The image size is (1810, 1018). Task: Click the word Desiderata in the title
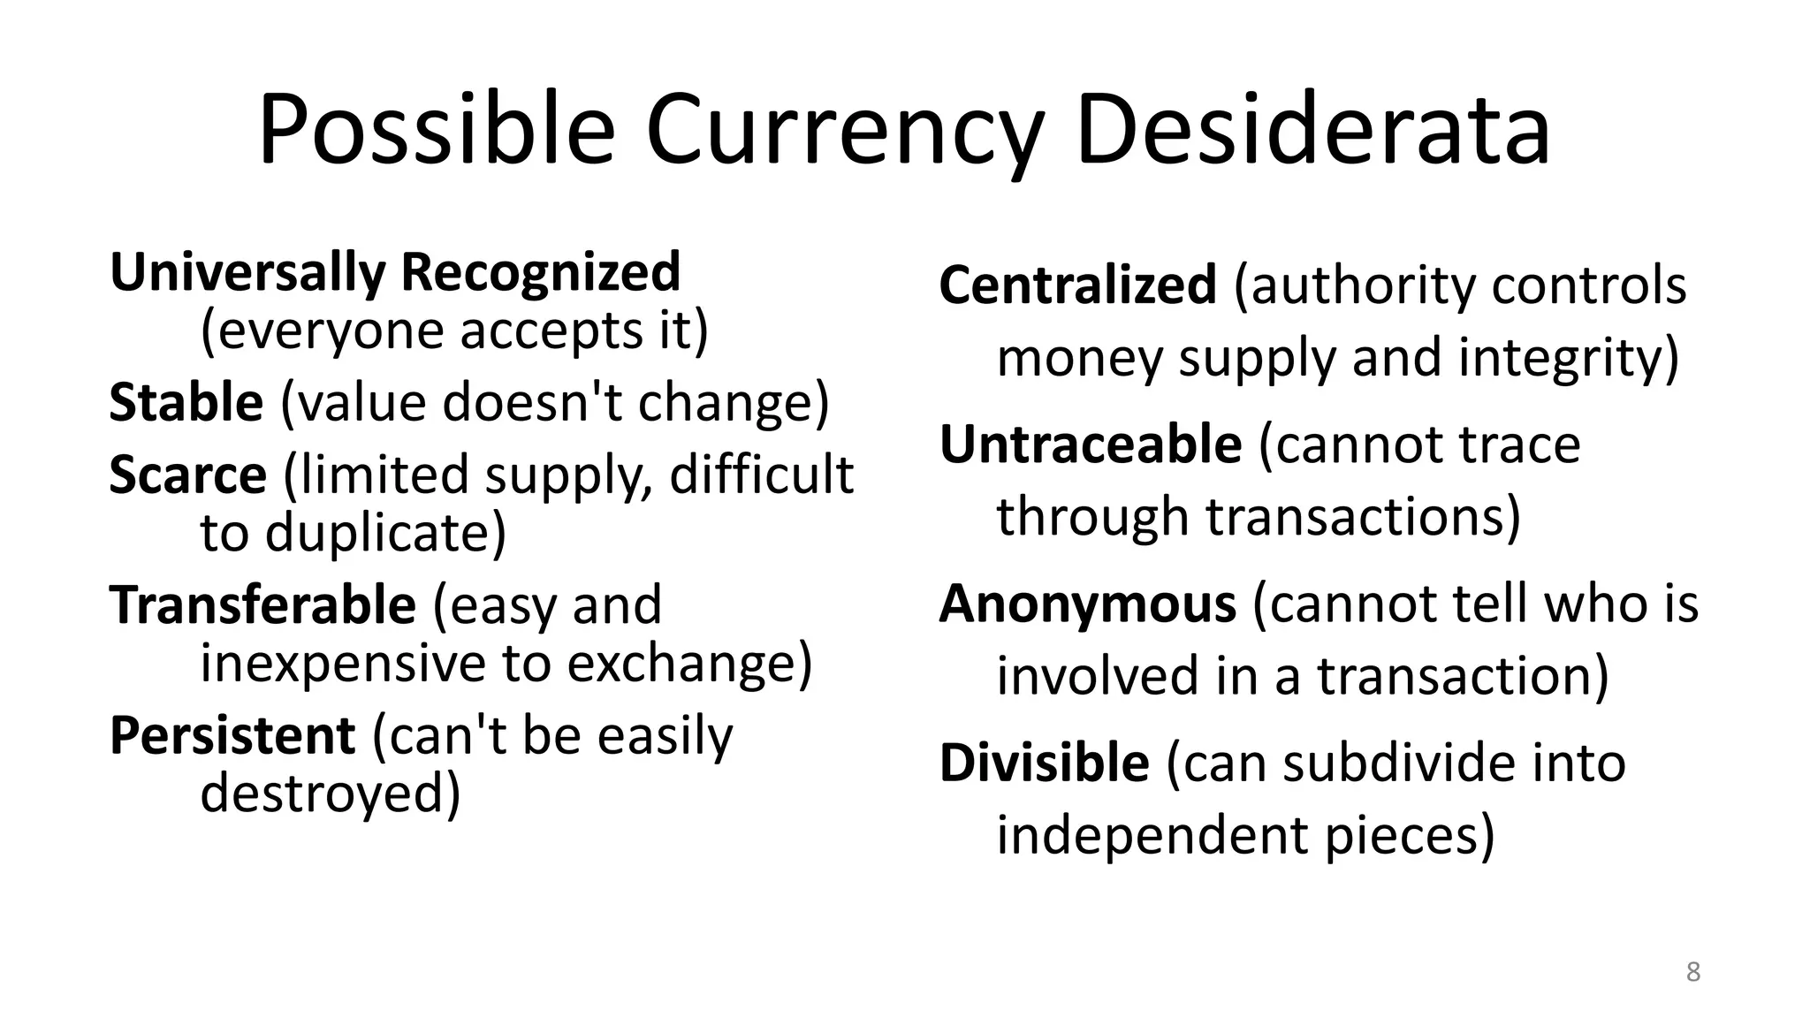pyautogui.click(x=1312, y=133)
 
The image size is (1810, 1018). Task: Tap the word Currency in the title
pyautogui.click(x=844, y=133)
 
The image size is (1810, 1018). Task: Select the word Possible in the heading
pyautogui.click(x=436, y=133)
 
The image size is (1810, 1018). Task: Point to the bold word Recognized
pyautogui.click(x=541, y=272)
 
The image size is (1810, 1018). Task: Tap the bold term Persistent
pyautogui.click(x=232, y=735)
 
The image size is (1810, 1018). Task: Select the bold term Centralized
pyautogui.click(x=1078, y=285)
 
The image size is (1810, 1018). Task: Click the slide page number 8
pyautogui.click(x=1693, y=972)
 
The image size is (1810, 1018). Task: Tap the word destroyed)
pyautogui.click(x=331, y=793)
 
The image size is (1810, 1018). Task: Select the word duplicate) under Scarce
pyautogui.click(x=385, y=533)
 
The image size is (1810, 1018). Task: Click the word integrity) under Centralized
pyautogui.click(x=1568, y=358)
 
